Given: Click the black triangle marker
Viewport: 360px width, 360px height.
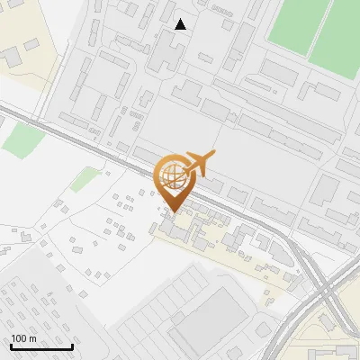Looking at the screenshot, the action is click(x=181, y=25).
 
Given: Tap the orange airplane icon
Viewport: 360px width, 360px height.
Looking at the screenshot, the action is click(x=199, y=163).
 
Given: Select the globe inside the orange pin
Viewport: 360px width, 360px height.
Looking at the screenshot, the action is click(x=172, y=174).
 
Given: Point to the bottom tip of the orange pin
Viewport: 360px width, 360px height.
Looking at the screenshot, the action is click(x=172, y=212).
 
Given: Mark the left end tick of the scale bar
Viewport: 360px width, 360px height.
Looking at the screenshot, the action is click(x=11, y=346).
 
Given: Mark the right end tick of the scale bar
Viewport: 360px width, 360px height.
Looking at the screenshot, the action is click(x=72, y=346).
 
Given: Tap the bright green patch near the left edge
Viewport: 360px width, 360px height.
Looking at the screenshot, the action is click(x=23, y=140).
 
